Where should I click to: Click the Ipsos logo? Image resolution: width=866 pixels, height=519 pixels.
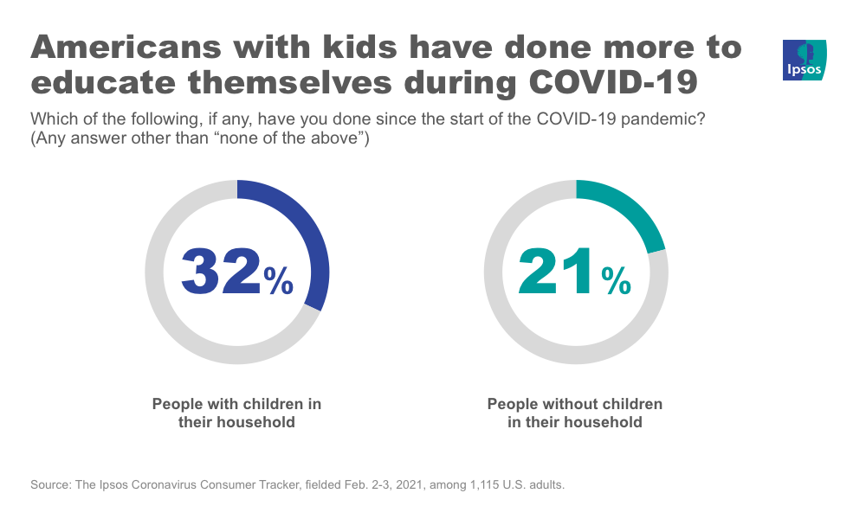pyautogui.click(x=805, y=61)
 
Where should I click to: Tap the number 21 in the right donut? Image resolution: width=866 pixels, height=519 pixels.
pyautogui.click(x=557, y=272)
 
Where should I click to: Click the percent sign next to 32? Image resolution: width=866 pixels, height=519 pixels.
pyautogui.click(x=279, y=280)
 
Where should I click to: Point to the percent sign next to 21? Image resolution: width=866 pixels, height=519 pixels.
pyautogui.click(x=617, y=280)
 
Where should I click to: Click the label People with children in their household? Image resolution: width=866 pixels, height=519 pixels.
pyautogui.click(x=236, y=413)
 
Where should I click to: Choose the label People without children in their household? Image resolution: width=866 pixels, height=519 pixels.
pyautogui.click(x=575, y=413)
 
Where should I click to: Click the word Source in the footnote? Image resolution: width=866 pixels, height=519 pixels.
pyautogui.click(x=49, y=485)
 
